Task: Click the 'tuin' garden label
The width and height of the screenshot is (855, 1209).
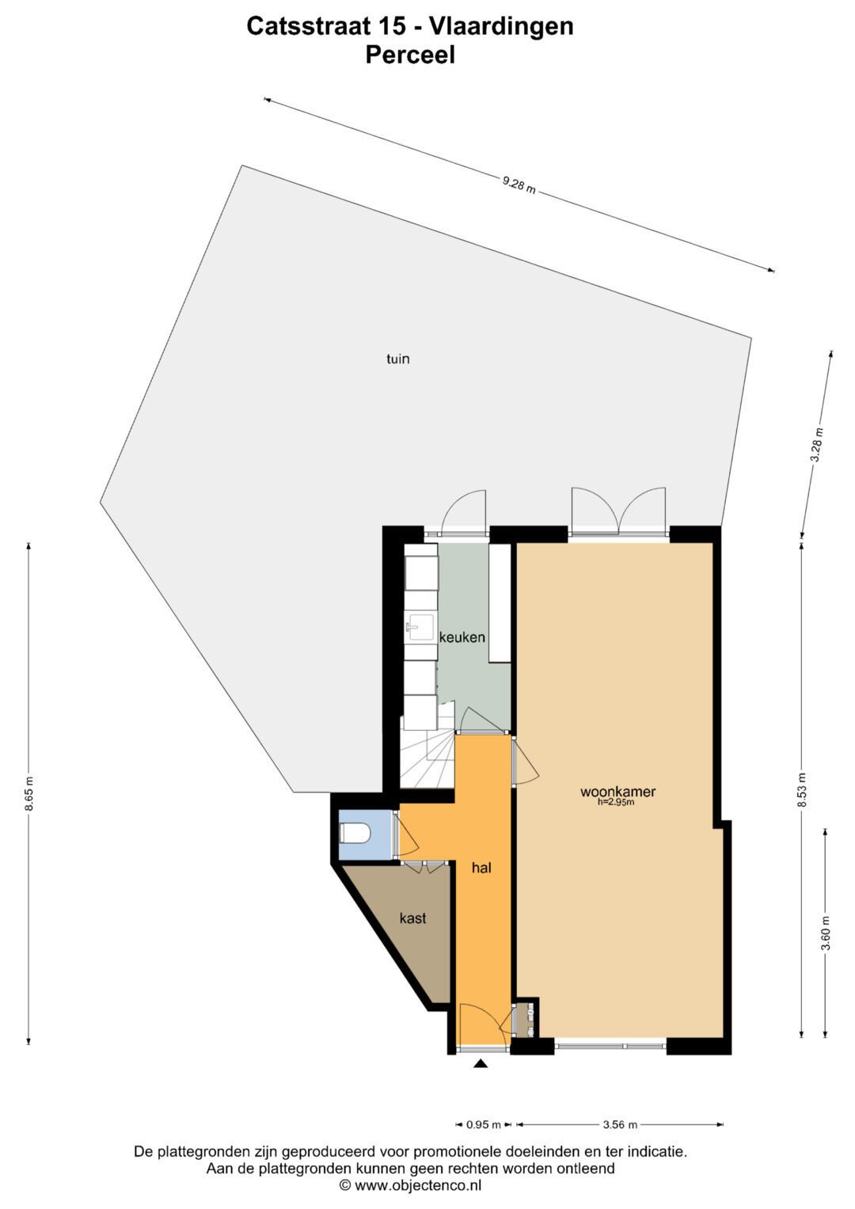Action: click(x=397, y=359)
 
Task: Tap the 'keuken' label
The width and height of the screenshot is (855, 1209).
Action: click(x=462, y=637)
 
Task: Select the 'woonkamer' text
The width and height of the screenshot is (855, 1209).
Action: click(x=618, y=792)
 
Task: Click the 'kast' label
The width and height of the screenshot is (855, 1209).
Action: click(x=413, y=918)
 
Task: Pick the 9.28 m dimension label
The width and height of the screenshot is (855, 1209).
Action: click(x=519, y=185)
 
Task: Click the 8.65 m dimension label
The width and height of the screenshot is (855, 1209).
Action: click(x=29, y=793)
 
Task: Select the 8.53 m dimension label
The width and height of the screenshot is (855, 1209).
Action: click(x=803, y=791)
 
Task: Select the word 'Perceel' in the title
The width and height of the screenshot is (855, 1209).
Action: click(x=410, y=55)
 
